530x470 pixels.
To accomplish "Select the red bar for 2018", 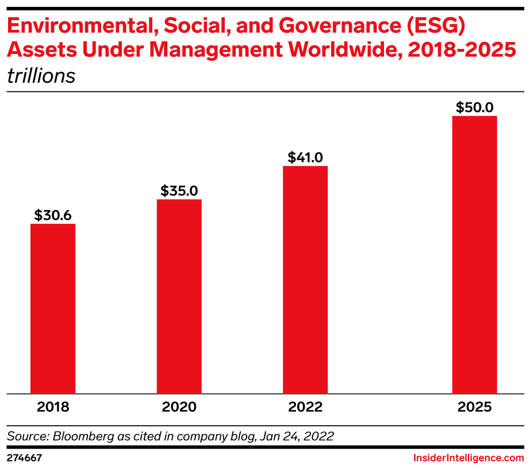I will pos(53,308).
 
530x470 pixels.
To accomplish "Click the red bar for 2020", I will pos(179,296).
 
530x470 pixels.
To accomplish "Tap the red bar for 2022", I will pos(305,280).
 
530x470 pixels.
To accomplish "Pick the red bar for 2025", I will pos(474,254).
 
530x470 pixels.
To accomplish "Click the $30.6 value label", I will pos(53,215).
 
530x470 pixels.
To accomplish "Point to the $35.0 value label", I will pos(179,190).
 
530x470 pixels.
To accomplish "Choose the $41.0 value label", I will pos(305,157).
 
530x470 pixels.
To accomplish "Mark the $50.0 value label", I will pos(474,107).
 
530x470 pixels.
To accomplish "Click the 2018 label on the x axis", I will pos(53,407).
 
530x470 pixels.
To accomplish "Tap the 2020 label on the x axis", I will pos(179,407).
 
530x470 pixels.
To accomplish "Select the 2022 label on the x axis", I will pos(305,407).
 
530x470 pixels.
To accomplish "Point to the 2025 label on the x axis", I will pos(474,407).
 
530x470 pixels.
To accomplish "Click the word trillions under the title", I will pos(41,76).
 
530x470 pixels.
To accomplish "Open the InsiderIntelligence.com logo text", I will pos(468,458).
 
